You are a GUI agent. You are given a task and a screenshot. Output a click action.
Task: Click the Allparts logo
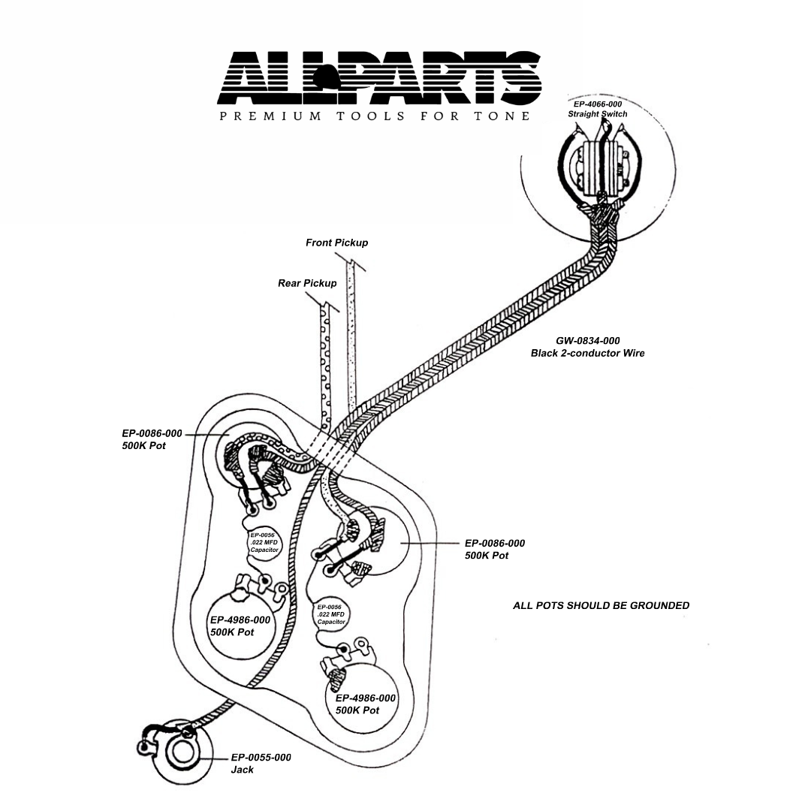(x=379, y=77)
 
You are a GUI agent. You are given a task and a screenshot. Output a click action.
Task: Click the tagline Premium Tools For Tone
(x=374, y=116)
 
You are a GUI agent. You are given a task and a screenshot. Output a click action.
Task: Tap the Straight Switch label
(x=598, y=114)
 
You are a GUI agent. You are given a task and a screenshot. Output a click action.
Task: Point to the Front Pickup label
(x=336, y=243)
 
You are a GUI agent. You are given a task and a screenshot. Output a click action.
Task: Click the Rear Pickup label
(x=307, y=283)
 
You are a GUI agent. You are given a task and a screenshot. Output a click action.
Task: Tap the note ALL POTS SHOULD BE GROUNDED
(x=601, y=605)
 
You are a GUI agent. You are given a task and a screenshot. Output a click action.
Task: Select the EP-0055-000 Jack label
(x=260, y=763)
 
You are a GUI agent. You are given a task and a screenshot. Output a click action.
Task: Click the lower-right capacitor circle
(x=330, y=614)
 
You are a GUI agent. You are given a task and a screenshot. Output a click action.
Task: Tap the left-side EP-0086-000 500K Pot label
(x=152, y=439)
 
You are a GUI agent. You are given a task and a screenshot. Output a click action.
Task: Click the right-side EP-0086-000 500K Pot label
(x=494, y=549)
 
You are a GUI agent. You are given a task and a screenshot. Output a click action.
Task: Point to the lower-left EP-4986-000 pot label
(x=240, y=626)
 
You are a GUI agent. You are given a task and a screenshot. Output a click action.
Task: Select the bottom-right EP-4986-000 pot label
(x=365, y=704)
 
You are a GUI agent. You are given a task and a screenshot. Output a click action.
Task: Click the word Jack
(x=242, y=770)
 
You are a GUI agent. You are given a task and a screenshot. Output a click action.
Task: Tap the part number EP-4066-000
(x=598, y=104)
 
